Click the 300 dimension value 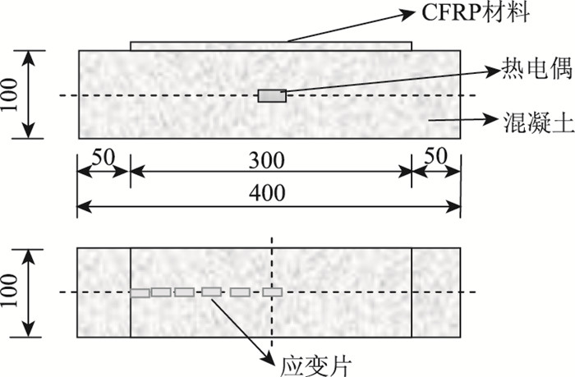tap(271, 160)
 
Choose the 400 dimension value tap(271, 193)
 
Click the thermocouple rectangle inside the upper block tap(272, 96)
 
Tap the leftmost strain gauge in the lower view tap(140, 292)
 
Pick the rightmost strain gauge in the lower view tap(272, 292)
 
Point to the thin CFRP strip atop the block tap(271, 46)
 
